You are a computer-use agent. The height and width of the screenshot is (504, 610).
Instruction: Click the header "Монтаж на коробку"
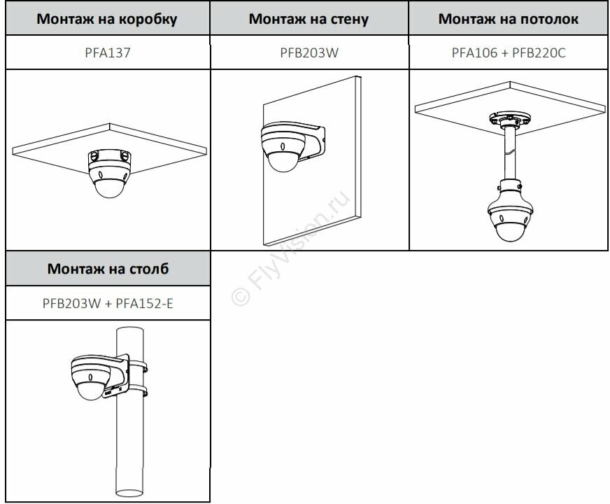point(106,19)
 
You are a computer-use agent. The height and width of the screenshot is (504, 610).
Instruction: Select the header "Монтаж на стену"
point(308,19)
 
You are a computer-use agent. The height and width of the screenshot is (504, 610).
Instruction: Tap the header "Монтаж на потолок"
point(509,19)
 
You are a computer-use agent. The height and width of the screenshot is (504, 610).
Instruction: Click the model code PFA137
point(106,52)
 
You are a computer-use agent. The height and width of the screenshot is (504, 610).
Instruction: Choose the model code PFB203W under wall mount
point(308,52)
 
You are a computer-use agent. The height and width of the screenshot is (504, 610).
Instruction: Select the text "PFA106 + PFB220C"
point(509,52)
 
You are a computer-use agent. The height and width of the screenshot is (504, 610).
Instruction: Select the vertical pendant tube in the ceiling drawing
point(509,157)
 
